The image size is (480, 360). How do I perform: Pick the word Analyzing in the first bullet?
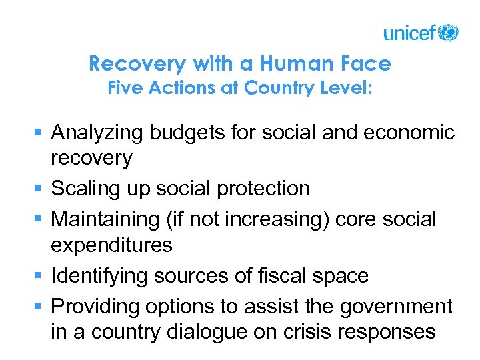97,133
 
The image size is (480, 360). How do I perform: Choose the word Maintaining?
104,218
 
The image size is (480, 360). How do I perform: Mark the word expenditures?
111,245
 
